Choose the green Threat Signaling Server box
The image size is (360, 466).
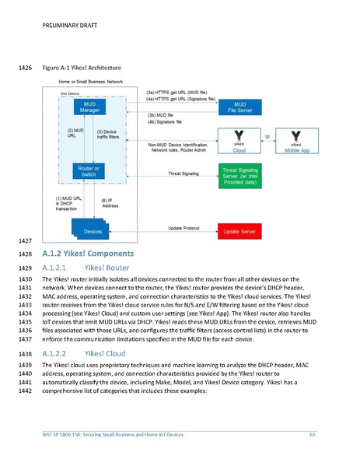[x=242, y=175]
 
